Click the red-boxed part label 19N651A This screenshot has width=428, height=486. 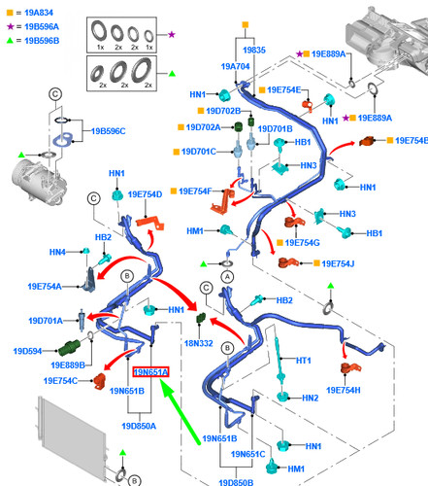pos(150,372)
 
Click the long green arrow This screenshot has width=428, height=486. pos(180,412)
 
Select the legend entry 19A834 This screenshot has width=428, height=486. pos(39,13)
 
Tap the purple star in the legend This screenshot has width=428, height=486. pos(11,26)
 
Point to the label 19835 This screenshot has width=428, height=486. pos(254,50)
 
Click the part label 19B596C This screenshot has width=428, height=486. pos(108,131)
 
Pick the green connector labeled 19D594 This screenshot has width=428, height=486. pos(69,347)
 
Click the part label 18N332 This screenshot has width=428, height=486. pos(198,343)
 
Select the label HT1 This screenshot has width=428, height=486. pos(303,361)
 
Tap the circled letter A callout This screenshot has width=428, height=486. pos(227,277)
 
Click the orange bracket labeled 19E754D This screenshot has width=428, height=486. pos(150,224)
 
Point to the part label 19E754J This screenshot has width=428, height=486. pos(338,263)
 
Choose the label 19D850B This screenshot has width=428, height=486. pos(236,482)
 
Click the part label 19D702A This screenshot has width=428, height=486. pos(203,127)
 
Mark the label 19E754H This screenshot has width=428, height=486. pos(344,390)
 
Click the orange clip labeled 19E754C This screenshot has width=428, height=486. pos(99,381)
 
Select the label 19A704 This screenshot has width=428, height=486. pos(235,66)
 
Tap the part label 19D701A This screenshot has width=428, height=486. pos(46,321)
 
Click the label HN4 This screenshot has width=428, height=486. pos(57,252)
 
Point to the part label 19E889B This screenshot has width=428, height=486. pos(68,365)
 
